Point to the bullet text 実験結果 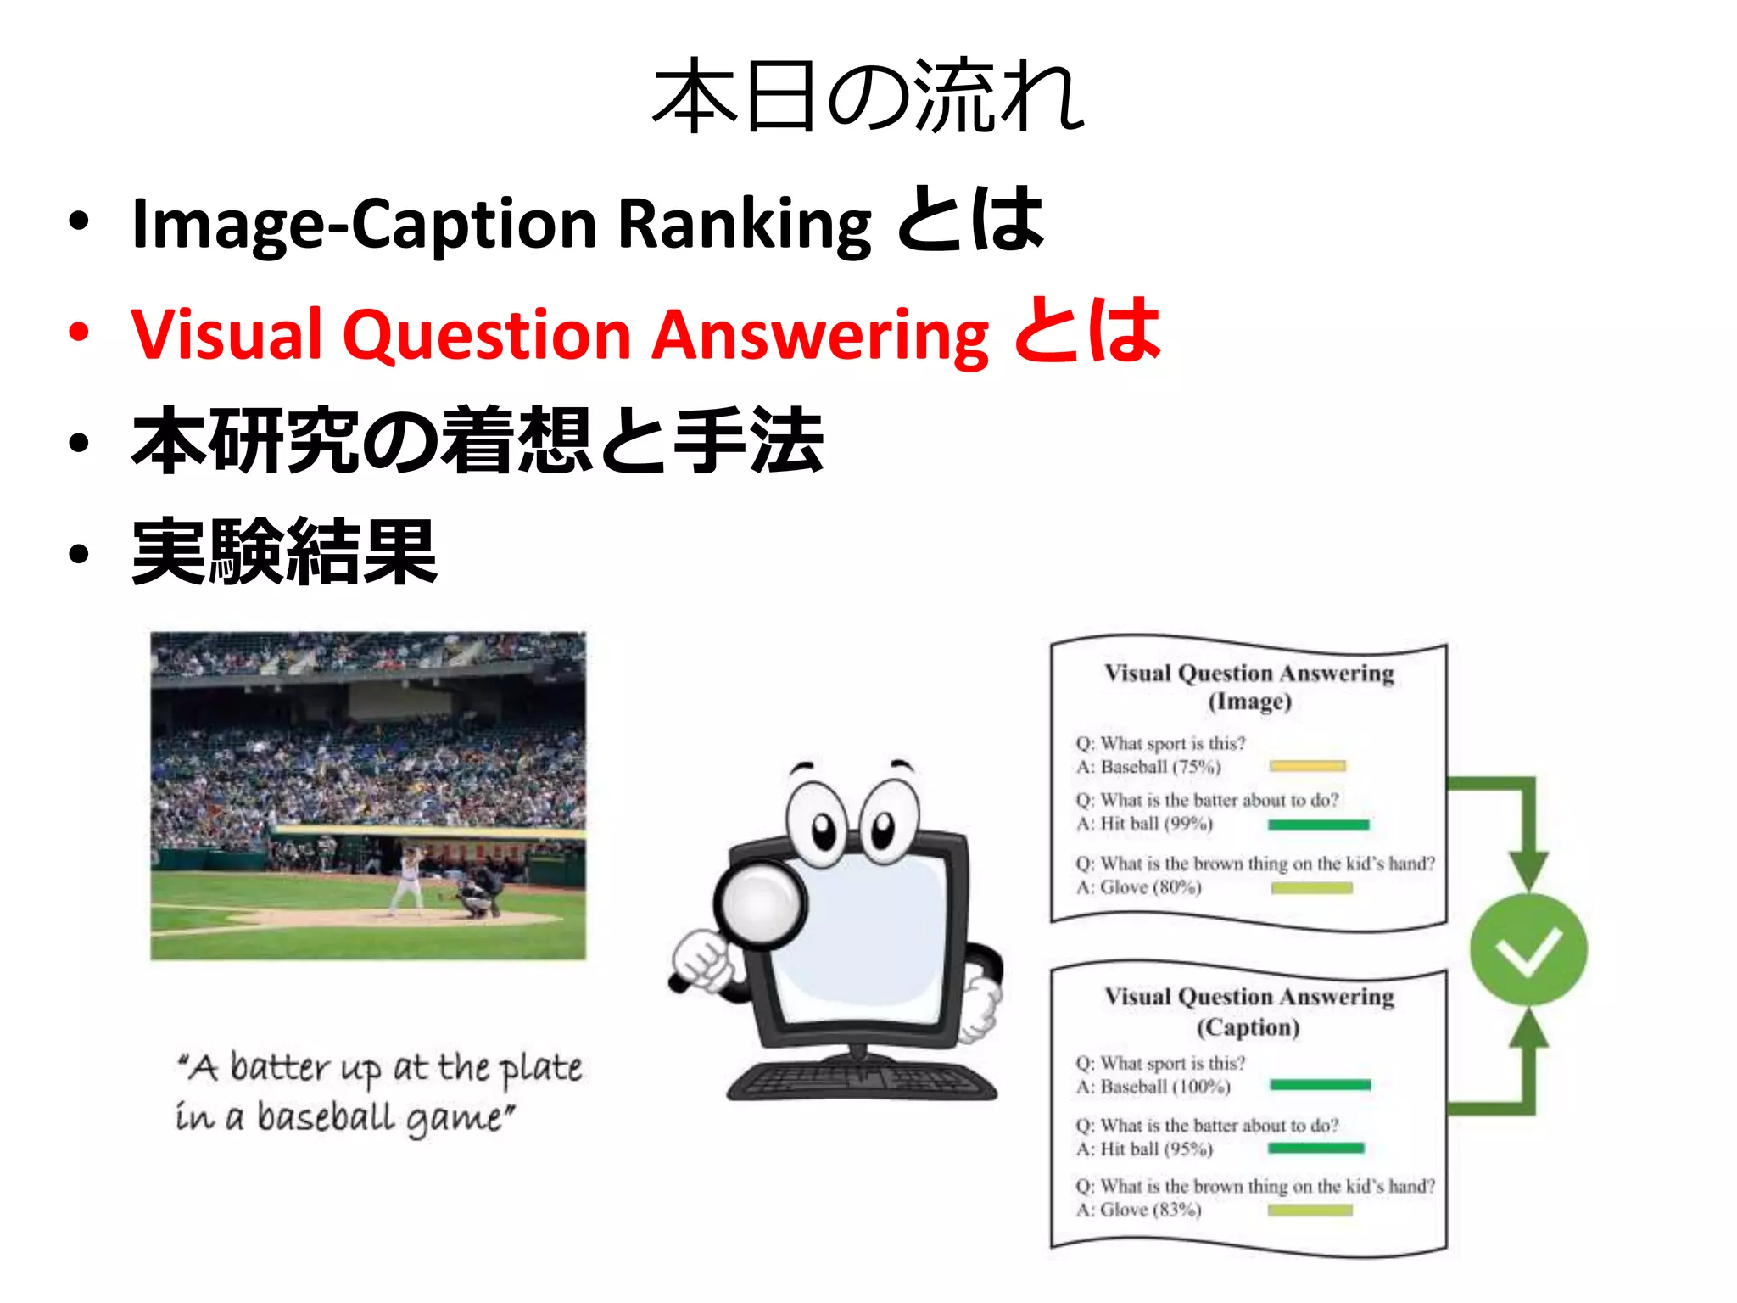tap(285, 552)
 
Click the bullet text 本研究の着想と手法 tap(478, 441)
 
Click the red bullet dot tap(79, 332)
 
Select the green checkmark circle tap(1528, 949)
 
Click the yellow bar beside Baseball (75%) tap(1307, 766)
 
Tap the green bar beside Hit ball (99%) tap(1318, 825)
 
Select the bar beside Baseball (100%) tap(1320, 1085)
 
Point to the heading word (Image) tap(1249, 702)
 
